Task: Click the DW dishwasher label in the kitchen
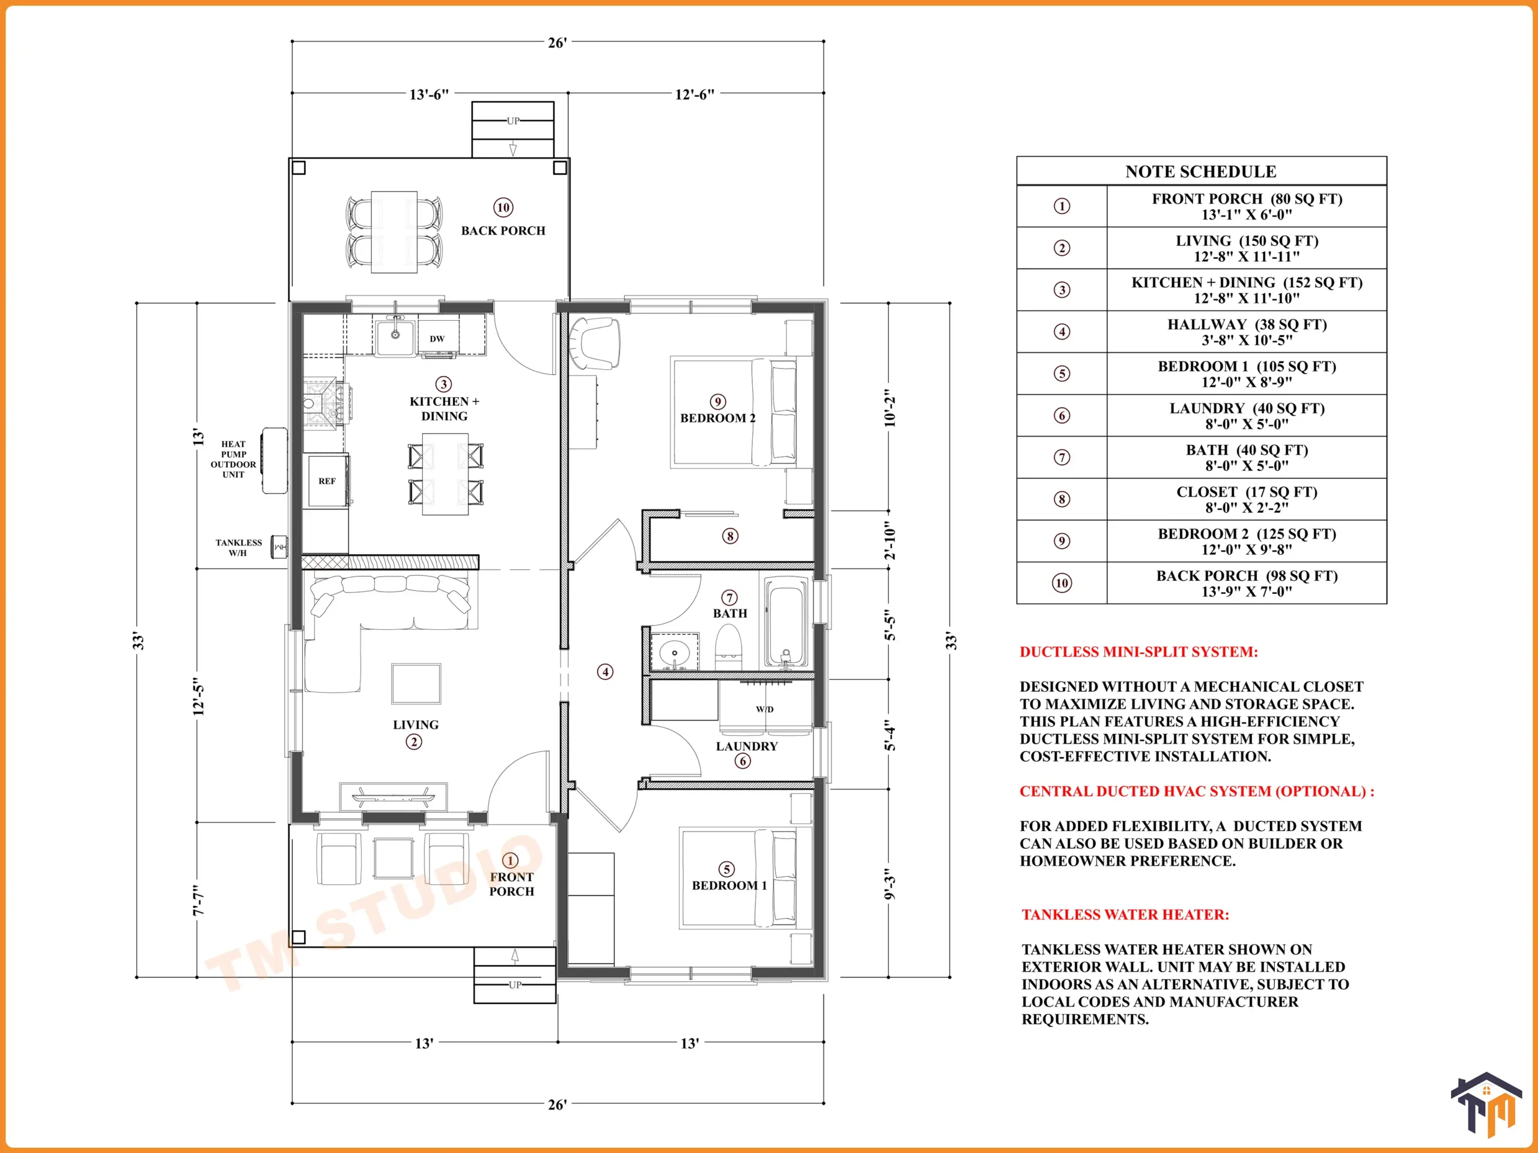(437, 339)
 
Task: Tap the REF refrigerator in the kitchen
(327, 481)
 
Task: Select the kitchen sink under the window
(395, 336)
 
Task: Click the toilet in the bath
(729, 648)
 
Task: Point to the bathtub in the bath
(786, 623)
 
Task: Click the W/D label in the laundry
(765, 710)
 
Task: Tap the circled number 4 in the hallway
(606, 672)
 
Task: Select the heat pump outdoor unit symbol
(274, 460)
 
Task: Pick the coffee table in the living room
(416, 684)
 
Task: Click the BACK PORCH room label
(503, 231)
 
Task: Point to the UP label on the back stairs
(513, 121)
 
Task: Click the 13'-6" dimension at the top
(429, 94)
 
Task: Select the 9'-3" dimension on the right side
(890, 883)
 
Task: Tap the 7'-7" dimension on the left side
(199, 900)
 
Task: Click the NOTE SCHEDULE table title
(1201, 172)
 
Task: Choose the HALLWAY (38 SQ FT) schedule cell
(1247, 332)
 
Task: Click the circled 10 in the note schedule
(1062, 583)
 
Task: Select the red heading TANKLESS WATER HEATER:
(1125, 915)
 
